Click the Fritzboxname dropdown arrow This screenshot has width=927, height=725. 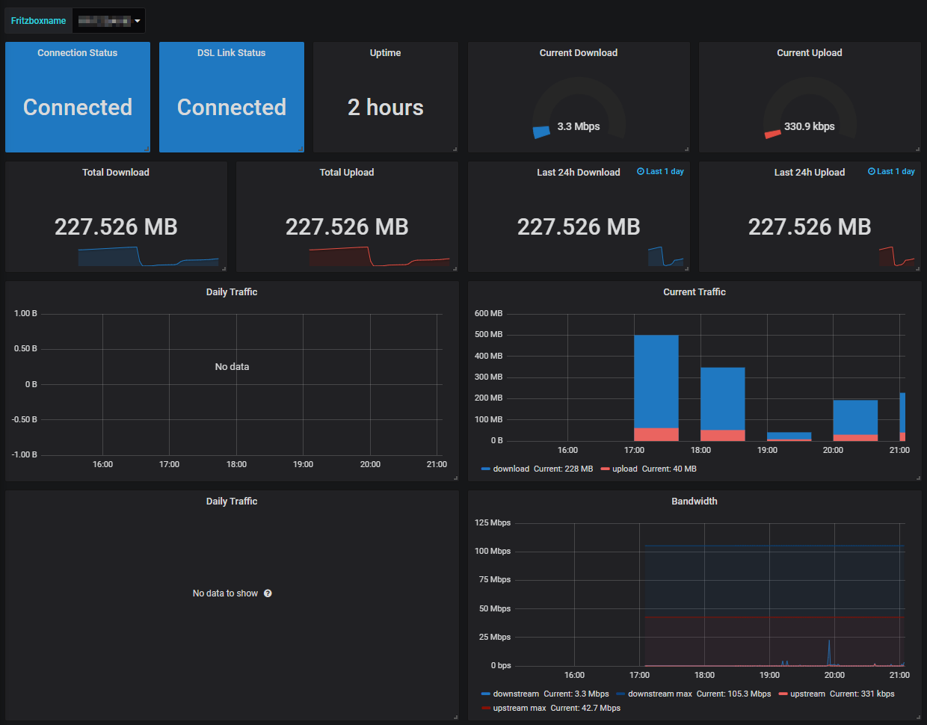138,21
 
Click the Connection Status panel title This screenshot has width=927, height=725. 78,53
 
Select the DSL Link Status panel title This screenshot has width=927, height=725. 231,53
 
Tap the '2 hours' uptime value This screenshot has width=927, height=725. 385,108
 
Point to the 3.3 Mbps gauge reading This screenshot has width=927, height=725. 579,126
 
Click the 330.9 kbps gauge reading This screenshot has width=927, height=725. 809,126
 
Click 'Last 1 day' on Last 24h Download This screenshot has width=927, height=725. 660,172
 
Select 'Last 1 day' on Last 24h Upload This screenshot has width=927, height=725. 891,172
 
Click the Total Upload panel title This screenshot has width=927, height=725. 347,173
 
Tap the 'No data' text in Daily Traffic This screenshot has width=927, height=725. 232,367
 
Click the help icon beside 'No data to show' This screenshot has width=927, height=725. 268,593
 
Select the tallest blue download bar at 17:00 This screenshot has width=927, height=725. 656,381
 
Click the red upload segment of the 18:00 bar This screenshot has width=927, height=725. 722,435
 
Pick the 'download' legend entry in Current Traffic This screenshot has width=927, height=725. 511,469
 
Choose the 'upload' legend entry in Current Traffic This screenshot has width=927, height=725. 624,469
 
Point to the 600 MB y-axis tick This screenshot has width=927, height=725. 488,314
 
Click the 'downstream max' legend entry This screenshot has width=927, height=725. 659,694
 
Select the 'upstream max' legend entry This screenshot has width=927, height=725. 519,709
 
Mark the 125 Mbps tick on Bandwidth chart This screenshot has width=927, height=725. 493,523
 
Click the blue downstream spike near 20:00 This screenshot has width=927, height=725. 828,650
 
